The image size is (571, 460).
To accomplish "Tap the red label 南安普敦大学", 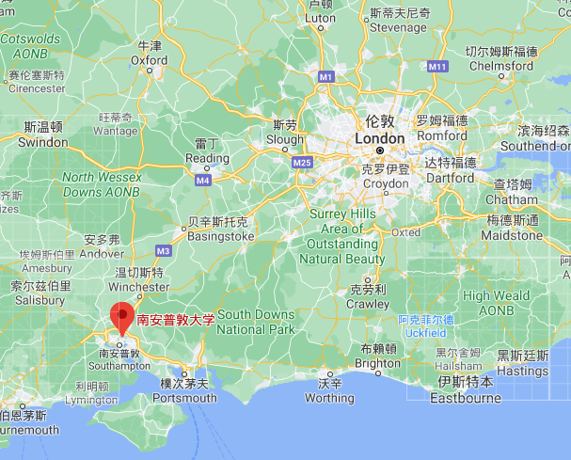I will point(176,320).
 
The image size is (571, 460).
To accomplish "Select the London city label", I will point(379,138).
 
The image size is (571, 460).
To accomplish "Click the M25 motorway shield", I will point(302,163).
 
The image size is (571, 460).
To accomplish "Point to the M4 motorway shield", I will point(202,179).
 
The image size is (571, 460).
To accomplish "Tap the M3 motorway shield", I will point(163,251).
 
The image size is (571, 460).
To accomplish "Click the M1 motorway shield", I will point(325,75).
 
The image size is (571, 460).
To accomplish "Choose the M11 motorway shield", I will point(436,67).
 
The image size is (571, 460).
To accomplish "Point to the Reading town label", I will point(207,158).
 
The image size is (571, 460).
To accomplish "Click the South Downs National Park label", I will point(256,322).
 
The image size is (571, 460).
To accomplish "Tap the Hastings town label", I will point(522,371).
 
